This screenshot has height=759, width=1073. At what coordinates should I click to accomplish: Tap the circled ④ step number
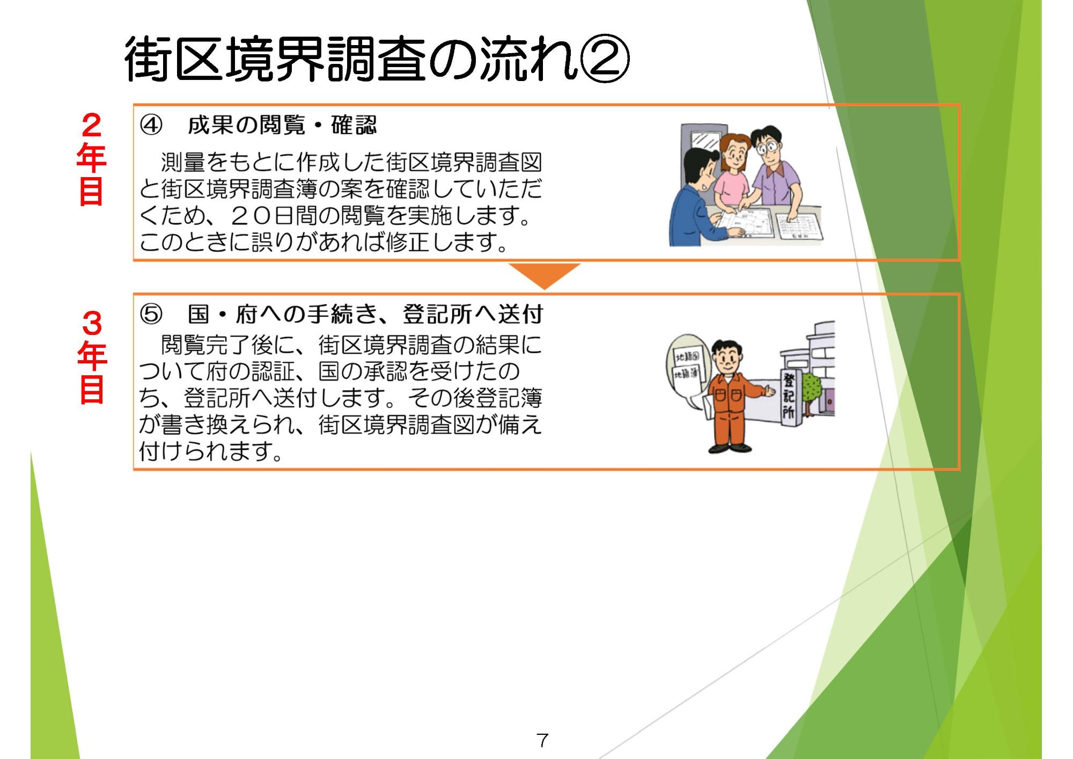pyautogui.click(x=150, y=126)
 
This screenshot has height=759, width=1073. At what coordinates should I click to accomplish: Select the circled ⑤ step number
pyautogui.click(x=150, y=315)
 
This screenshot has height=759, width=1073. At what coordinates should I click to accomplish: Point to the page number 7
pyautogui.click(x=542, y=741)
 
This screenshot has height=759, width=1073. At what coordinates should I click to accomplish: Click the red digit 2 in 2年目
pyautogui.click(x=92, y=126)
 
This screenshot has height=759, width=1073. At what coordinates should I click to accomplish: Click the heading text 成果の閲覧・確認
pyautogui.click(x=282, y=126)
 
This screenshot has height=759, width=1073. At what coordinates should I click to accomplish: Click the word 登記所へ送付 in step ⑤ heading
pyautogui.click(x=473, y=315)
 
